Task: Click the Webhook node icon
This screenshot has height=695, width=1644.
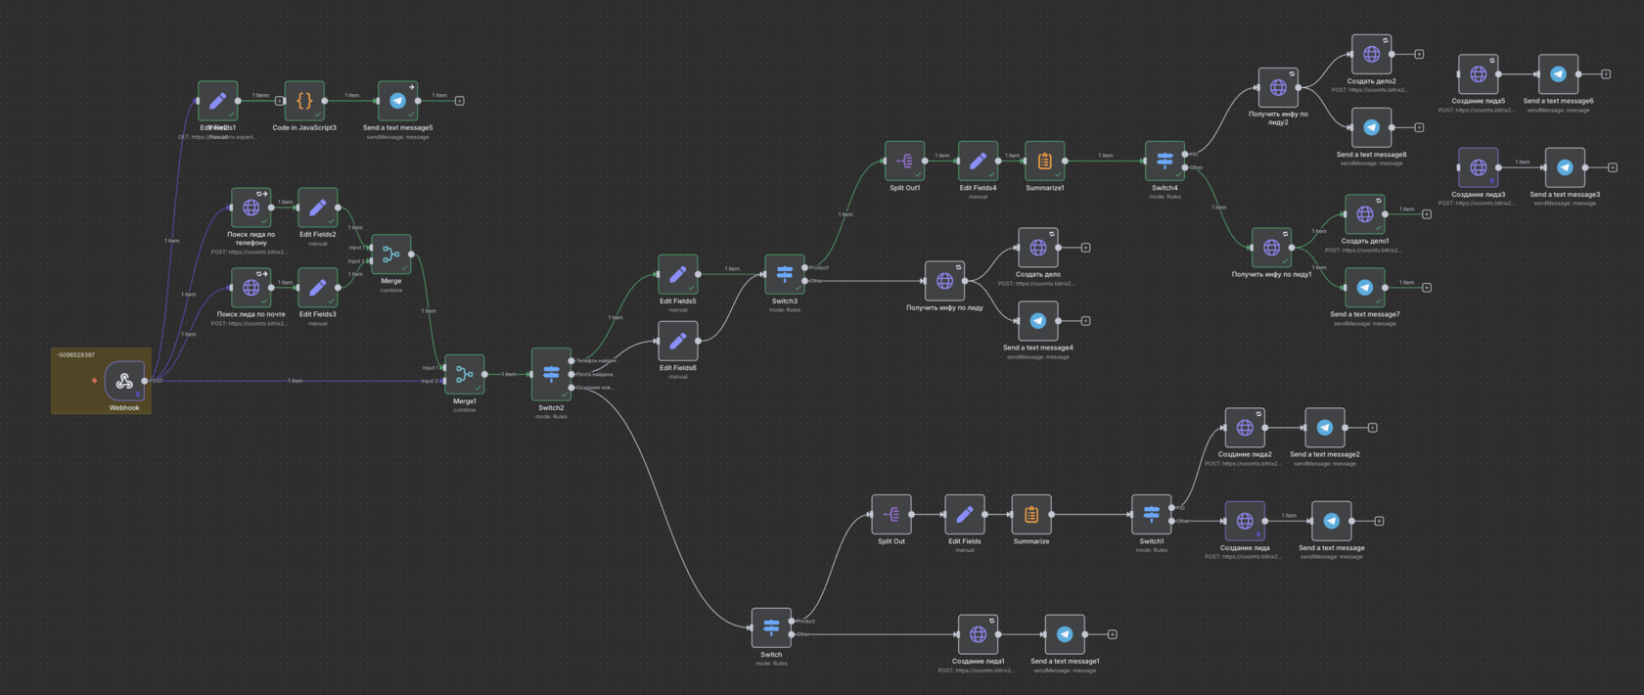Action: coord(124,381)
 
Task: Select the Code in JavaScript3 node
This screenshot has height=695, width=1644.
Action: coord(304,100)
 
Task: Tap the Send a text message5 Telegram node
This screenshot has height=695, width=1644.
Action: coord(397,100)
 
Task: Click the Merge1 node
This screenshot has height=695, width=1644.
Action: coord(465,374)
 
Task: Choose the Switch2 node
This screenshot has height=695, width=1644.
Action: coord(551,374)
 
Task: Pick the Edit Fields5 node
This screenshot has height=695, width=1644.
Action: coord(677,274)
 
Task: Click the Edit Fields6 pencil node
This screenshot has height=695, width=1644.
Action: coord(677,341)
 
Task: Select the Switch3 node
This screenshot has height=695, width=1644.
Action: coord(784,274)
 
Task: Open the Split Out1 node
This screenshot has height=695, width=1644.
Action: coord(904,161)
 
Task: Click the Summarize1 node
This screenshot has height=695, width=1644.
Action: coord(1044,161)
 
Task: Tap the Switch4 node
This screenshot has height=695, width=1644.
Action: coord(1164,161)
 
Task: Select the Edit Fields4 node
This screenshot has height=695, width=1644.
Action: coord(978,161)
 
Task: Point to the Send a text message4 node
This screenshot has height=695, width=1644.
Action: coord(1037,321)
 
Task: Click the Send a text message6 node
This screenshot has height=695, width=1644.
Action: coord(1558,74)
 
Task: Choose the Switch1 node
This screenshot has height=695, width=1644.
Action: coord(1151,514)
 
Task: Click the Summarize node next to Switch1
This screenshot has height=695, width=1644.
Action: coord(1030,514)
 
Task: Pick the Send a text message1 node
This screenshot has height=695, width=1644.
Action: coord(1065,634)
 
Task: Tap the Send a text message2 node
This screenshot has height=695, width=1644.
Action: coord(1324,428)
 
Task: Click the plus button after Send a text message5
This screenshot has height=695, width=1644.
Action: coord(460,101)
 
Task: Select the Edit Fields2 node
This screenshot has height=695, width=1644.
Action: coord(317,208)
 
